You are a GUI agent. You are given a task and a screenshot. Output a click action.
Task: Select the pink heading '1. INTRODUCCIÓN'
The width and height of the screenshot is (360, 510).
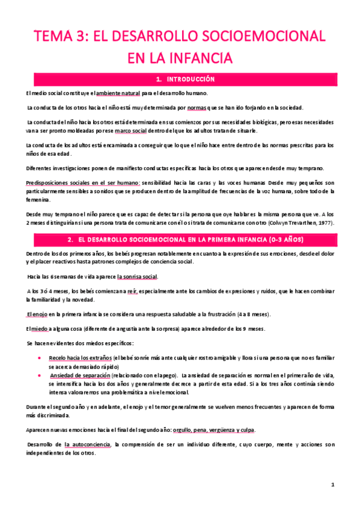[x=180, y=79]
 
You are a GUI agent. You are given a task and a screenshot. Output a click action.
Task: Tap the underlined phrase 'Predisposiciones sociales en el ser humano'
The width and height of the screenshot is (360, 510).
[x=82, y=183]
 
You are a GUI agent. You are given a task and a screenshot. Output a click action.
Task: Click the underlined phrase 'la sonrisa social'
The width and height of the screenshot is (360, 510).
[x=138, y=277]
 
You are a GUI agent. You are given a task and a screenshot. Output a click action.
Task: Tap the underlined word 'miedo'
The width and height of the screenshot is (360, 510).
[x=42, y=328]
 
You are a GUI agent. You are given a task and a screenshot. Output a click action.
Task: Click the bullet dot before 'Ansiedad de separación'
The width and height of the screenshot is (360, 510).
[x=38, y=376]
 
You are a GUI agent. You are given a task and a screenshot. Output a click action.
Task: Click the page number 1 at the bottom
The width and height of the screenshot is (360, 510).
[x=332, y=485]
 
